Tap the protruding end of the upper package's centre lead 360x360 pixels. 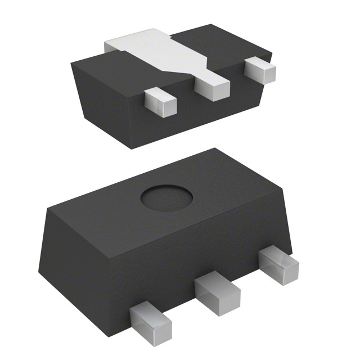pos(213,87)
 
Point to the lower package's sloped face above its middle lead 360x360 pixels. pos(202,253)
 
